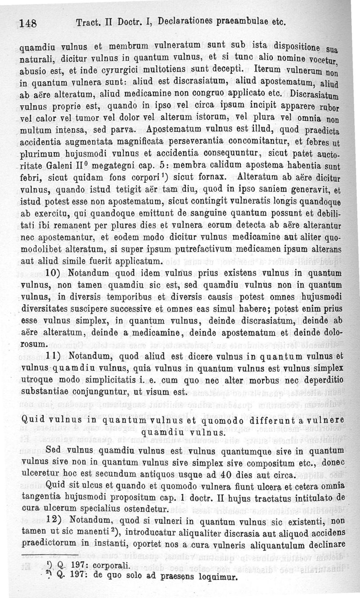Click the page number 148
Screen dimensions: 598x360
28,23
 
